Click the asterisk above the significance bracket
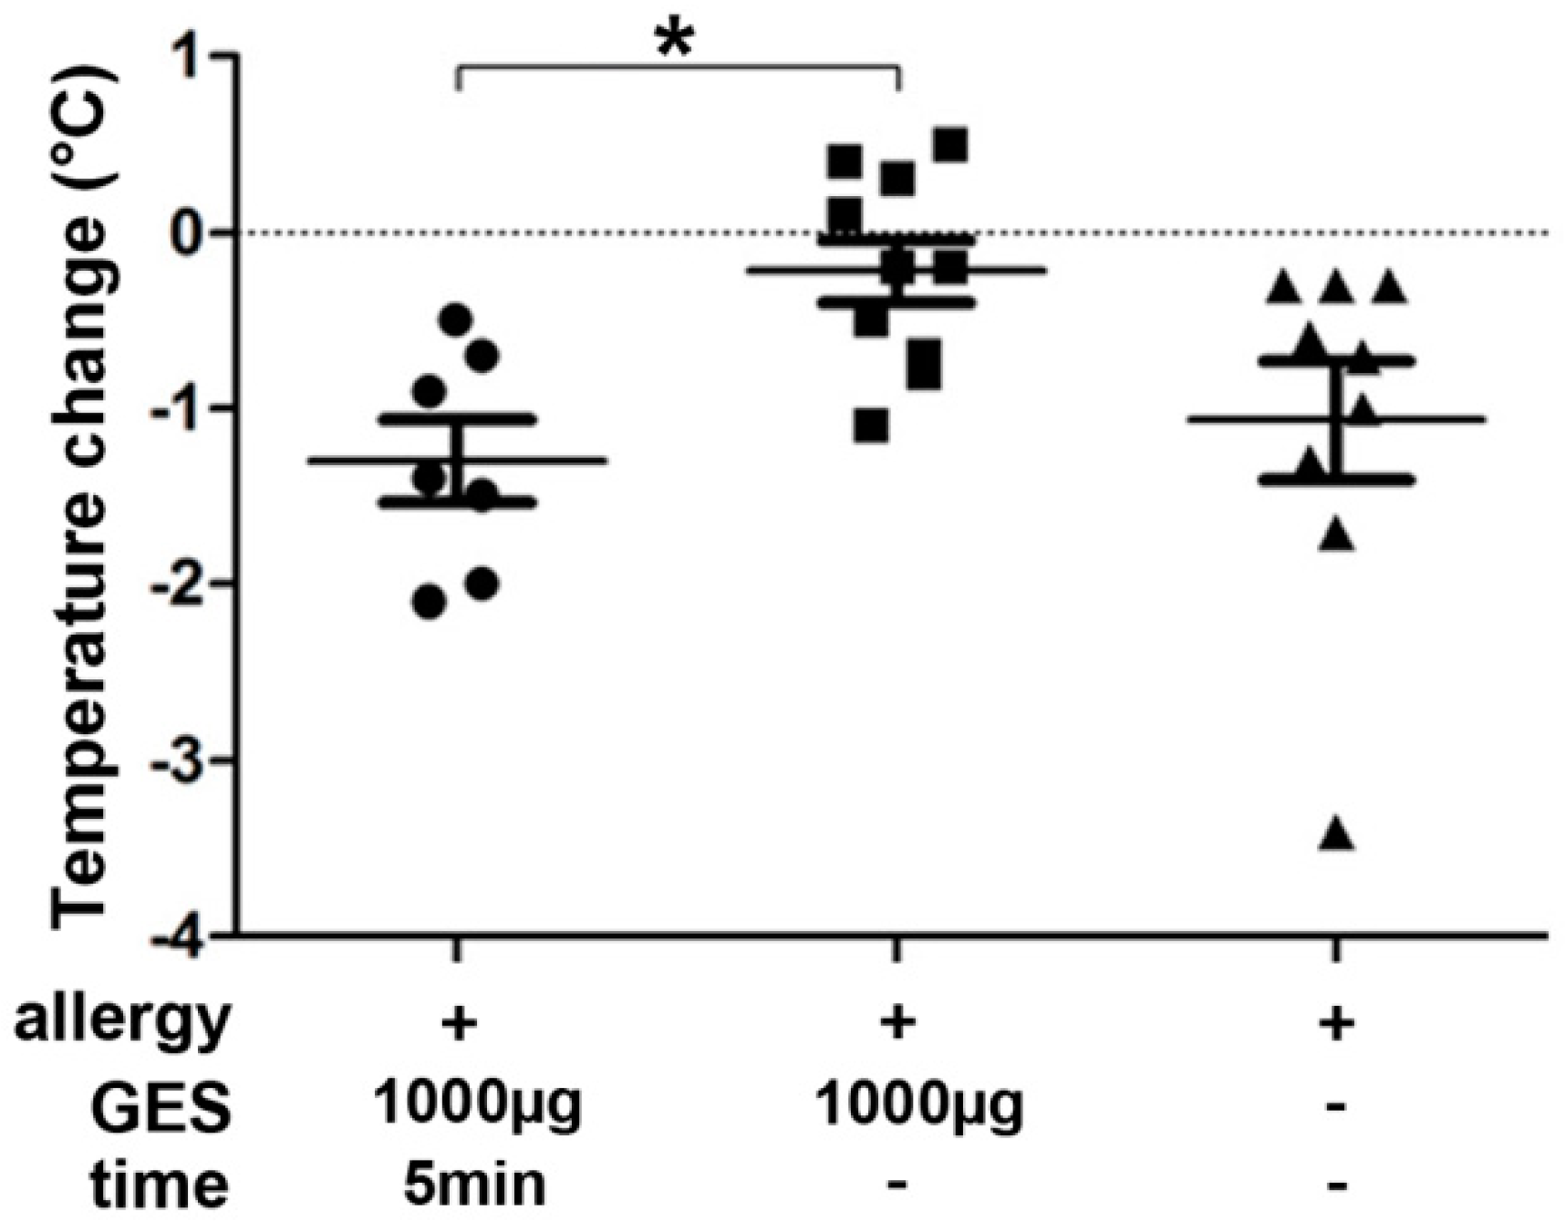tap(675, 39)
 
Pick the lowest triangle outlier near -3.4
tap(1338, 834)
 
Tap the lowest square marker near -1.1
tap(872, 426)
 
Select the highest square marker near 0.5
tap(951, 144)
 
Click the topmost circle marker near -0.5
tap(455, 319)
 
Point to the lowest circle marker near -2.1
tap(430, 603)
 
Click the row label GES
tap(161, 1107)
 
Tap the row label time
tap(161, 1184)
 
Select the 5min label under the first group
tap(474, 1184)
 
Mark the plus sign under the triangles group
tap(1336, 1023)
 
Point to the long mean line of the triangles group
tap(1441, 419)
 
